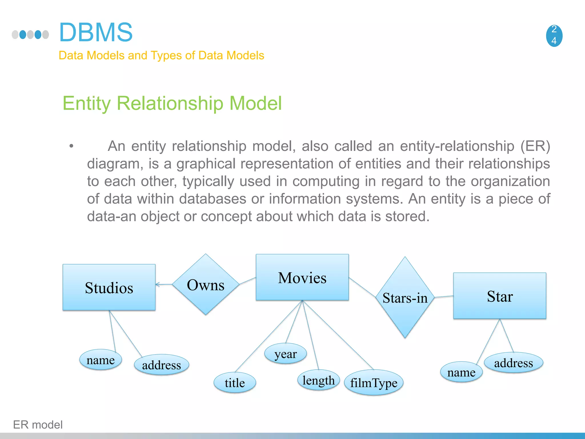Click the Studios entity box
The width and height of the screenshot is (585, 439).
tap(109, 287)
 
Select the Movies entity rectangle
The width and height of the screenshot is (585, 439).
tap(302, 277)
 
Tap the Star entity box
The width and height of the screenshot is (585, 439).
tap(500, 296)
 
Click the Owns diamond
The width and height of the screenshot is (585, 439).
tap(206, 285)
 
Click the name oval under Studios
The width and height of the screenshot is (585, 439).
tap(101, 360)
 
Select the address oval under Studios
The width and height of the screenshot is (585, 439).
tap(161, 365)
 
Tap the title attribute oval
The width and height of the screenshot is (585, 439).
tap(235, 383)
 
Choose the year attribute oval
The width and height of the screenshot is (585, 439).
tap(285, 354)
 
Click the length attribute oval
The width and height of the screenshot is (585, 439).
tap(318, 380)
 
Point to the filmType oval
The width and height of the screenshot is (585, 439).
tap(374, 383)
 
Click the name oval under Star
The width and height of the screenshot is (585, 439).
tap(461, 372)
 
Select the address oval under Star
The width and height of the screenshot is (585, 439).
tap(513, 363)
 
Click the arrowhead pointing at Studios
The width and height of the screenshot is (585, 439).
tap(157, 284)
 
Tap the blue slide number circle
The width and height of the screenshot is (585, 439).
tap(554, 35)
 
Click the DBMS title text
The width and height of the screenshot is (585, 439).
tap(96, 32)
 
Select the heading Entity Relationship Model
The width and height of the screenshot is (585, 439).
tap(172, 103)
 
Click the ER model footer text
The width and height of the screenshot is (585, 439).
tap(38, 425)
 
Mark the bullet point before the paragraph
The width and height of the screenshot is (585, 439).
tap(71, 146)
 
